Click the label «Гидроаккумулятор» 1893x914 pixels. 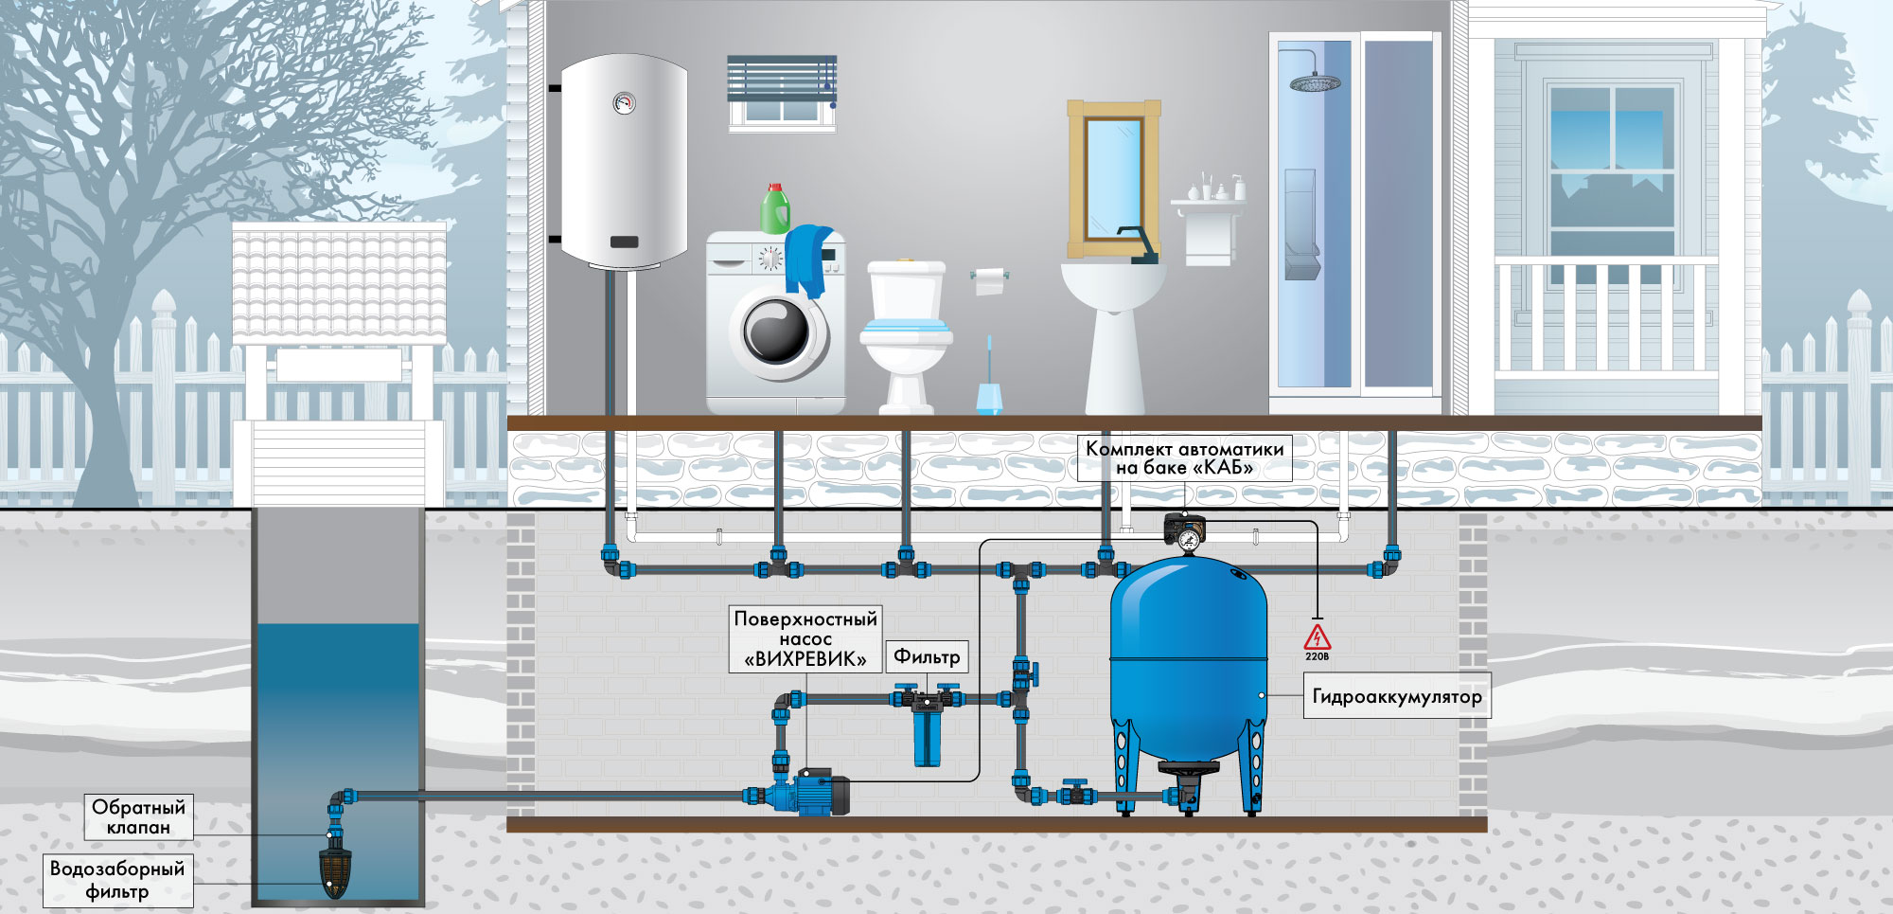point(1397,696)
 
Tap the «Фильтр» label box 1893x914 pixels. point(927,656)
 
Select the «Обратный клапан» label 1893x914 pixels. point(139,816)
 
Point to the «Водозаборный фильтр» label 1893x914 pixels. point(117,880)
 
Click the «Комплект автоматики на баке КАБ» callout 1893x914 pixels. point(1184,457)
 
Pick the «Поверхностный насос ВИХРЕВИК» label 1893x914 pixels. point(805,639)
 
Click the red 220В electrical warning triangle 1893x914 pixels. point(1317,637)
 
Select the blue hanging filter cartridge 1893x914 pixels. point(928,734)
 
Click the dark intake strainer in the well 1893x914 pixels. point(336,872)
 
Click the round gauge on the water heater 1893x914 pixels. point(624,102)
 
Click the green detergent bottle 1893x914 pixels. point(775,208)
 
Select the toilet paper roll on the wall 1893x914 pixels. point(989,280)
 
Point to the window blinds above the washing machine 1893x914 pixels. point(782,80)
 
